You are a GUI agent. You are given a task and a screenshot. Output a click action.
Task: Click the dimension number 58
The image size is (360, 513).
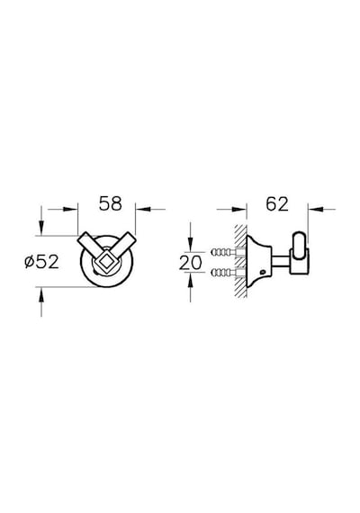tap(111, 203)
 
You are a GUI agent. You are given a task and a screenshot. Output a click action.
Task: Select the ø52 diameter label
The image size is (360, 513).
tap(42, 262)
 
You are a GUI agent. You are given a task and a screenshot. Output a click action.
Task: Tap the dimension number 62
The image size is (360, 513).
tap(277, 204)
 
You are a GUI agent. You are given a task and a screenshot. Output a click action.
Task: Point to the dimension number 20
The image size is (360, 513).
tap(190, 263)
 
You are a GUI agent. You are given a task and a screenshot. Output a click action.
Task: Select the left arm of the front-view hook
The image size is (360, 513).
tap(90, 245)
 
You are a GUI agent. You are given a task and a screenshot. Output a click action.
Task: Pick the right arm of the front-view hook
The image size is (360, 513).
tap(121, 245)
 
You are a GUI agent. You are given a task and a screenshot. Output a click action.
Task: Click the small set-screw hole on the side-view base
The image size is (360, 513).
tap(262, 272)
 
